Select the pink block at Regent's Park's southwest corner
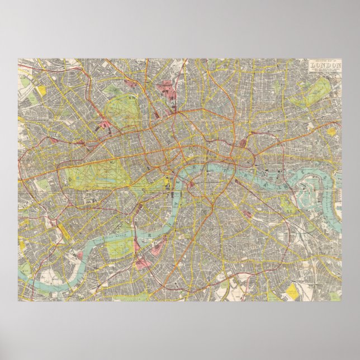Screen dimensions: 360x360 [x=105, y=126]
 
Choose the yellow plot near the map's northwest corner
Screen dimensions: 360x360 [x=41, y=89]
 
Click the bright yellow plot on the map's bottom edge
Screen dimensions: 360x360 [x=292, y=291]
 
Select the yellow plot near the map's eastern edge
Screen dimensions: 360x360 [x=331, y=132]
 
